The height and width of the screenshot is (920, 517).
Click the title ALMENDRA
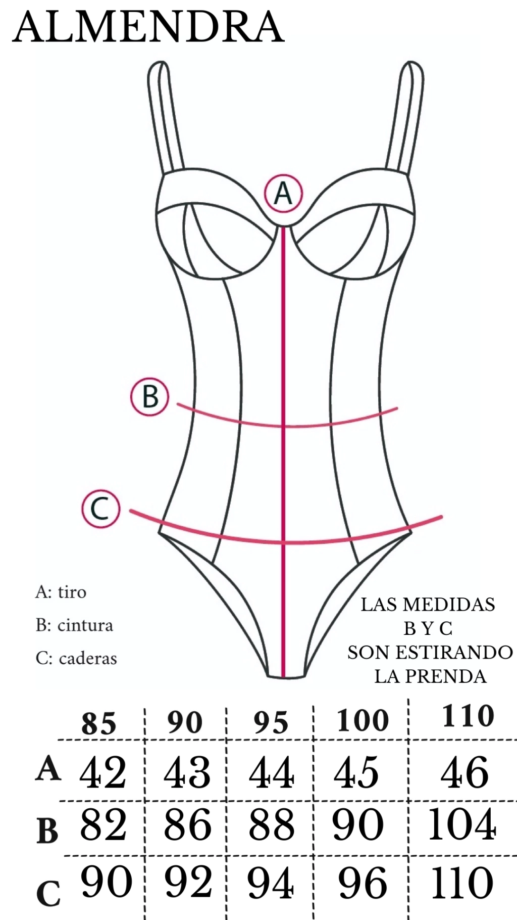[x=148, y=26]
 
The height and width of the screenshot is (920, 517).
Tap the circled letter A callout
[x=283, y=194]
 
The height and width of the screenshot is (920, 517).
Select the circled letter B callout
[x=150, y=397]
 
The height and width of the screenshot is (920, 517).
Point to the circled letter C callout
[x=101, y=509]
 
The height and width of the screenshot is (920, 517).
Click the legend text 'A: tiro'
[x=61, y=592]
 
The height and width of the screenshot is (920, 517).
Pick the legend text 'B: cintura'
[x=74, y=625]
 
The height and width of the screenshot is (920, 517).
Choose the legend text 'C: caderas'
[x=76, y=658]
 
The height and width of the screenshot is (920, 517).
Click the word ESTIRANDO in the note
[x=454, y=652]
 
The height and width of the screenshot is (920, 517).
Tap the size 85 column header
[x=99, y=723]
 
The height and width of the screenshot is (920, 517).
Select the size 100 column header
[x=363, y=721]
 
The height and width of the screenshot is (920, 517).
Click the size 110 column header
[x=468, y=716]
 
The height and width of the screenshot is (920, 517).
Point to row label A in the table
[x=48, y=769]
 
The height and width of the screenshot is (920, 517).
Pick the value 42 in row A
[x=102, y=772]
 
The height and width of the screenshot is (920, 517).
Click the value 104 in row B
[x=462, y=824]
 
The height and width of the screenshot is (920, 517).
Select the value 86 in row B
[x=187, y=824]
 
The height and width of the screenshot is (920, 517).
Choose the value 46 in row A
[x=464, y=772]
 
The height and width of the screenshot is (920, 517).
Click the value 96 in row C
[x=363, y=883]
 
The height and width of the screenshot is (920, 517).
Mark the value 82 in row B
[x=103, y=824]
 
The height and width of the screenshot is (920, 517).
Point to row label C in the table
[x=48, y=893]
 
